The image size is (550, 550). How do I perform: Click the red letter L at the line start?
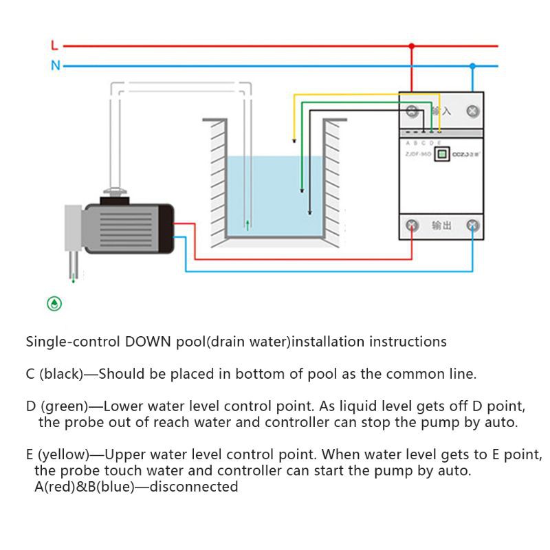coord(55,46)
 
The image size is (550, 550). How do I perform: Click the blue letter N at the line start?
coord(56,66)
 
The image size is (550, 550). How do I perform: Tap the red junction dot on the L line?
coord(412,47)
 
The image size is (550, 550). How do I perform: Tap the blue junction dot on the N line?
coord(472,67)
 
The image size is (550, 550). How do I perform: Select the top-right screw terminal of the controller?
coord(473,111)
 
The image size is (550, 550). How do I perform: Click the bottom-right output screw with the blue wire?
coord(473,225)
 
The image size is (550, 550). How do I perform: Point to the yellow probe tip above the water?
coord(294,142)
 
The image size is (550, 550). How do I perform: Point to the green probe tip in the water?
coord(301,193)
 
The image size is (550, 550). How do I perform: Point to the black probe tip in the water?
coord(309,214)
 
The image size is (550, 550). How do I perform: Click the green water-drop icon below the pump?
coord(54,303)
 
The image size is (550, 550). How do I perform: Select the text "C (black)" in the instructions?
coord(54,375)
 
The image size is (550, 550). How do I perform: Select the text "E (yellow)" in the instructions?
coord(58,455)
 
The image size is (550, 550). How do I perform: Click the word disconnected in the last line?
coord(194,487)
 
